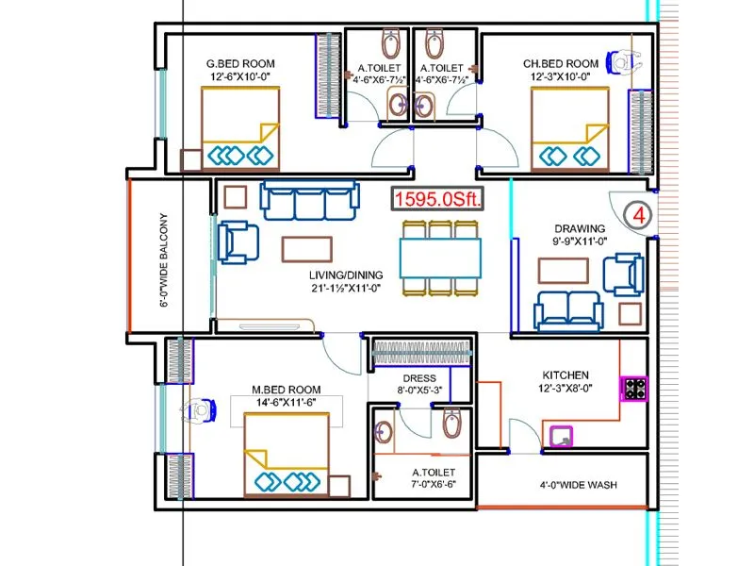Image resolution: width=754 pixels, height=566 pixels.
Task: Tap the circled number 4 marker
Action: point(638,214)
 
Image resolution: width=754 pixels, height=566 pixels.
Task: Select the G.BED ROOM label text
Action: point(240,64)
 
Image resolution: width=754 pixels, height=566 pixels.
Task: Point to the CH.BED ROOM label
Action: point(561,64)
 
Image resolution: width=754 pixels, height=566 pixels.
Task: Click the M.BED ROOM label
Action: point(286,390)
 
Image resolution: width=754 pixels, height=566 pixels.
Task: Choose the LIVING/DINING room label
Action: point(348,275)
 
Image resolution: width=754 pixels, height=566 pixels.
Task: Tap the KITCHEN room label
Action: point(565,375)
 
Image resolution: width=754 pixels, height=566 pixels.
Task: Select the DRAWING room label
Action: point(580,228)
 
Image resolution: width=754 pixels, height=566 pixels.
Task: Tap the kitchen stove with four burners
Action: point(632,387)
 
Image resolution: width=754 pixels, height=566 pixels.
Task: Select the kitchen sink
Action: point(563,435)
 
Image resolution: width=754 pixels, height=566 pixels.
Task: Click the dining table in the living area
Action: point(439,256)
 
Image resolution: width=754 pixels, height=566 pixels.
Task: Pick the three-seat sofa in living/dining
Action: point(310,200)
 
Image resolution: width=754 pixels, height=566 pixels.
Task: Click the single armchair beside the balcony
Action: point(238,241)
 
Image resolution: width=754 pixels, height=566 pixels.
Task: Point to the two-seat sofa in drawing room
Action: point(568,310)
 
